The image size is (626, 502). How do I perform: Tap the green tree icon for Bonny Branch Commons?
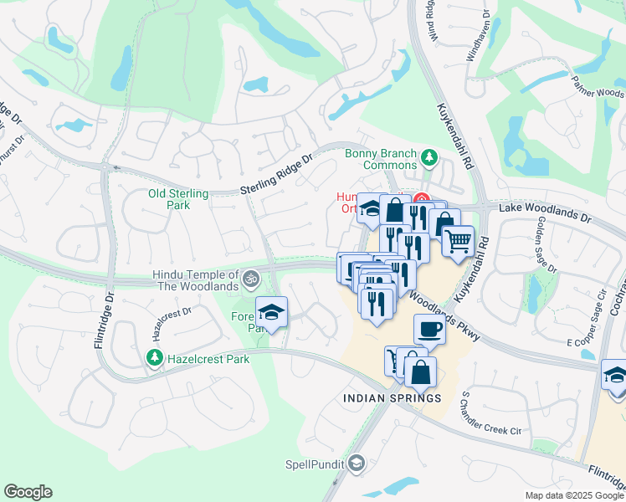click(429, 156)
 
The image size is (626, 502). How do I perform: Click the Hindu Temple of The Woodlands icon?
click(251, 276)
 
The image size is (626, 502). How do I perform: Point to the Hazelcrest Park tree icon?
click(154, 358)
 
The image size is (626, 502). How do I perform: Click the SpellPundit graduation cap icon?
click(357, 463)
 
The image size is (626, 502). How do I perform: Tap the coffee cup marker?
click(430, 330)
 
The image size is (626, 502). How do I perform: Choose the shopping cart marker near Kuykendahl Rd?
click(458, 242)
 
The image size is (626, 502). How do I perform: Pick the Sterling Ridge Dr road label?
click(276, 175)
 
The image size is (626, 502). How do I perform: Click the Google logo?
click(28, 492)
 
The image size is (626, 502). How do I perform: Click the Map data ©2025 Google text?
click(573, 495)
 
